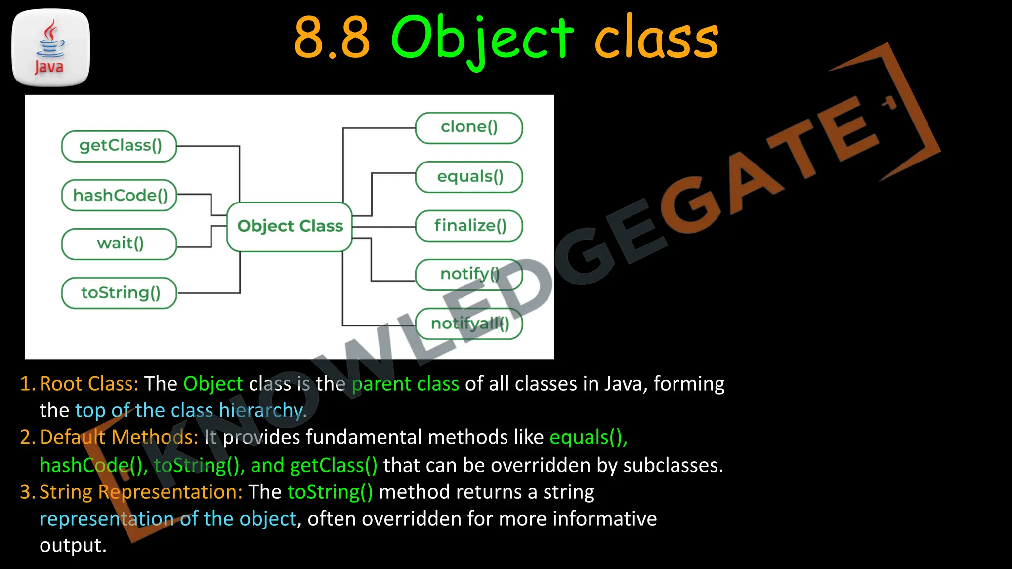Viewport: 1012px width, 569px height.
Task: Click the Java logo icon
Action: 50,48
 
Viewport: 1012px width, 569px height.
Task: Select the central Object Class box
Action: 290,227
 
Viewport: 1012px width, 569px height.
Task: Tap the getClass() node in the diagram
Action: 119,146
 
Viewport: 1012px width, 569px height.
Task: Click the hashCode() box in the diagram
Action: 119,195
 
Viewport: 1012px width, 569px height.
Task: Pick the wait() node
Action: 119,244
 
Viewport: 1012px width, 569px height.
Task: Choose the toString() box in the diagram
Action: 119,293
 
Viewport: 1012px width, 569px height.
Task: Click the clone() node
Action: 469,128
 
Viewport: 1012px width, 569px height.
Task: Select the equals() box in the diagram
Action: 469,177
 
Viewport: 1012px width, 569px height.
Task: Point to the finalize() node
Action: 469,226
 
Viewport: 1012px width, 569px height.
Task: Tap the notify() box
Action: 469,275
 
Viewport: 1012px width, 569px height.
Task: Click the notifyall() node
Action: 469,324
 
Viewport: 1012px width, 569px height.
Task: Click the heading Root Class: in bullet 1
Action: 89,384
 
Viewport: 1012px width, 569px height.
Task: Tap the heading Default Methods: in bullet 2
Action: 119,437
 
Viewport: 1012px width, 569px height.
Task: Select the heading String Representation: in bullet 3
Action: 141,492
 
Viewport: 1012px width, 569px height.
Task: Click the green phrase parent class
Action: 405,384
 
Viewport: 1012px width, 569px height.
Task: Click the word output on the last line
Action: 73,545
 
